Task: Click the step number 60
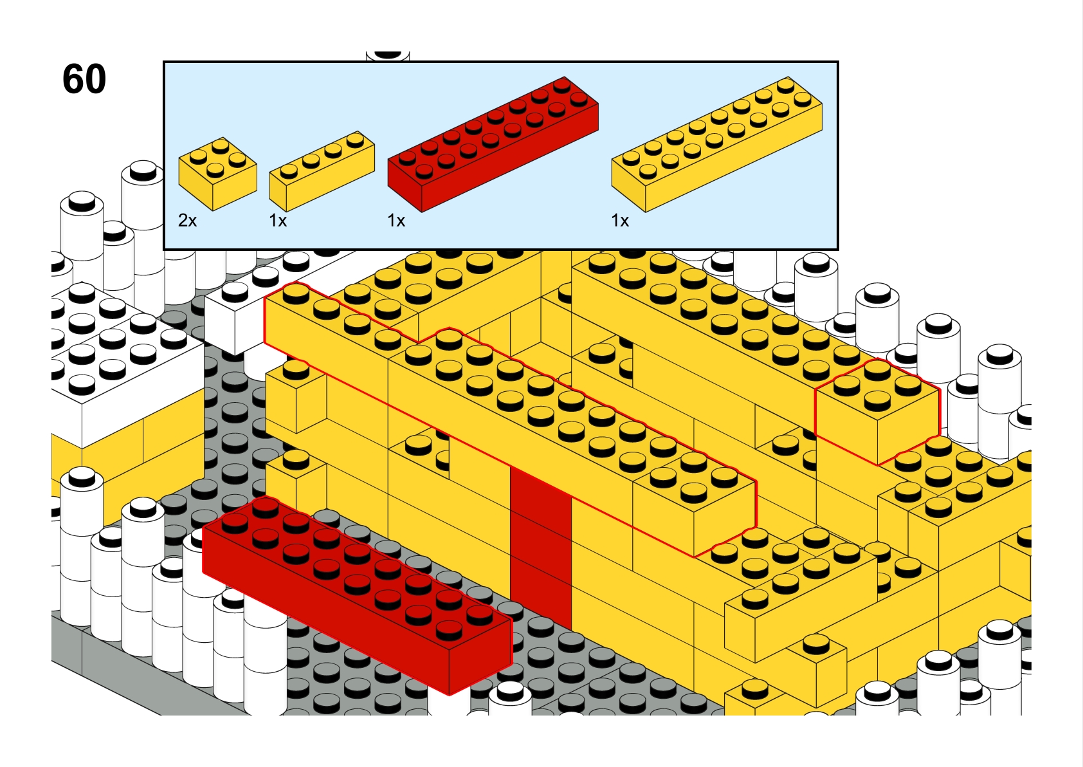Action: (x=84, y=79)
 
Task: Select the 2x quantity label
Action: (x=188, y=221)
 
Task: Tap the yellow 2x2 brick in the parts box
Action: (x=217, y=174)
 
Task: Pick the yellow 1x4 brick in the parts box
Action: (x=322, y=171)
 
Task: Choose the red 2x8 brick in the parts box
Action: (x=493, y=144)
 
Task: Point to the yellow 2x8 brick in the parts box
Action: (x=717, y=144)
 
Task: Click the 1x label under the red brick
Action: (x=396, y=221)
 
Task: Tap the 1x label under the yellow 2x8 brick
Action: (x=620, y=221)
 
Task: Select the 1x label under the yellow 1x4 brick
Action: (x=278, y=221)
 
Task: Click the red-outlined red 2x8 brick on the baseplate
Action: (x=357, y=596)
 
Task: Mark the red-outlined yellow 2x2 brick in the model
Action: (x=877, y=412)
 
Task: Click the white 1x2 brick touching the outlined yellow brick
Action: (x=235, y=315)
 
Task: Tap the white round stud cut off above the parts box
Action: (x=388, y=55)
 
